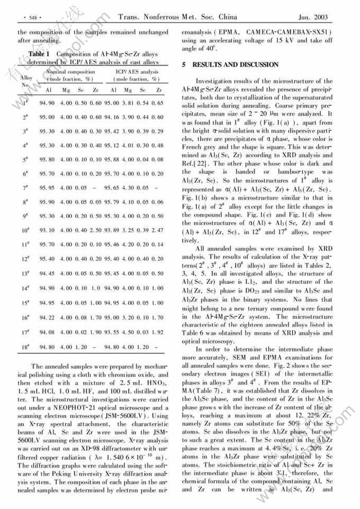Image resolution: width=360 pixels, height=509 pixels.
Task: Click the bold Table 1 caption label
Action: click(x=39, y=54)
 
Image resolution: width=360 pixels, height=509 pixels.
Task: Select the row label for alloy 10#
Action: click(x=25, y=230)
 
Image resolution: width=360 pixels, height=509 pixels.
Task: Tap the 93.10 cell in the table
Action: click(x=47, y=230)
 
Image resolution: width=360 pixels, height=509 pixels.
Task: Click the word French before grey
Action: click(x=193, y=142)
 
